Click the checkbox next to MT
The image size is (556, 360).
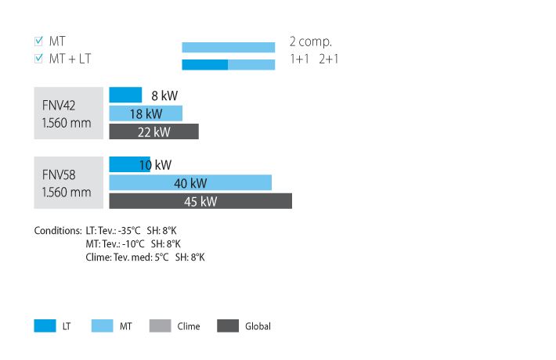click(x=39, y=41)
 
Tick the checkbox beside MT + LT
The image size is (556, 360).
click(x=39, y=59)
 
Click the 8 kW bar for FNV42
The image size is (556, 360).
click(x=125, y=95)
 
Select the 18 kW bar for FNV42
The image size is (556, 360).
click(x=146, y=113)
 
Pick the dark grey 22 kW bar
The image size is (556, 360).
click(x=153, y=131)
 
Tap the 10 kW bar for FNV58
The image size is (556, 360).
click(x=129, y=164)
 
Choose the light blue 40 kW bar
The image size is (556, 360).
click(x=190, y=183)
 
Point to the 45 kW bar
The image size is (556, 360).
click(x=200, y=201)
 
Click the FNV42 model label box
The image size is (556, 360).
click(x=68, y=113)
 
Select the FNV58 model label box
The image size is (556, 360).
click(x=68, y=183)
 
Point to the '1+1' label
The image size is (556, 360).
click(x=299, y=59)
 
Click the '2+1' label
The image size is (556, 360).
click(x=329, y=59)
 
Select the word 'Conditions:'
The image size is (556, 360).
click(x=57, y=231)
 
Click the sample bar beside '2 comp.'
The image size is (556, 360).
click(x=229, y=47)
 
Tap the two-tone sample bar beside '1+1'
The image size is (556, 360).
click(x=229, y=65)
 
